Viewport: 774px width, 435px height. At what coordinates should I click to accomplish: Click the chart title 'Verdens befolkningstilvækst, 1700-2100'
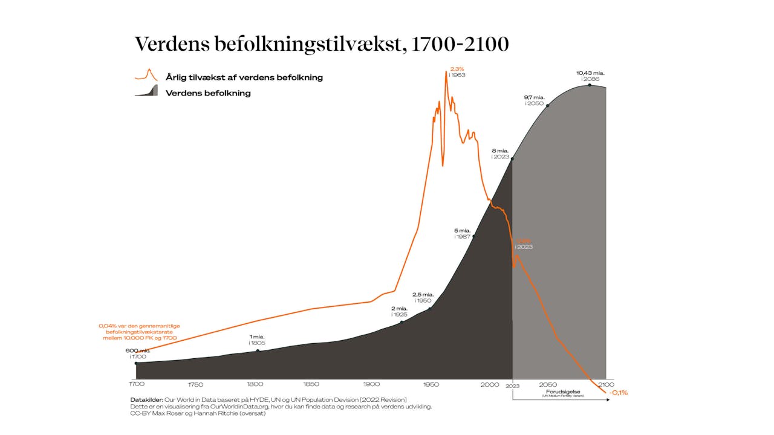pyautogui.click(x=321, y=44)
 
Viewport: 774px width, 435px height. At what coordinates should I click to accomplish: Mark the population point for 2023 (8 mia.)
pyautogui.click(x=513, y=159)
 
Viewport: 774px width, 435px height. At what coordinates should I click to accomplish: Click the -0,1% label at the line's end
pyautogui.click(x=619, y=393)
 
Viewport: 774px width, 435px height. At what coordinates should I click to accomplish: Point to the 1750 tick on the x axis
pyautogui.click(x=195, y=384)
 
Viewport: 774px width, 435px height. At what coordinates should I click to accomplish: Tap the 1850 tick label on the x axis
pyautogui.click(x=311, y=384)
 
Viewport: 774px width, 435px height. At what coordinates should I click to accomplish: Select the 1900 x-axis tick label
pyautogui.click(x=371, y=384)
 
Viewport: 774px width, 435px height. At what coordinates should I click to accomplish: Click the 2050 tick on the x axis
pyautogui.click(x=548, y=384)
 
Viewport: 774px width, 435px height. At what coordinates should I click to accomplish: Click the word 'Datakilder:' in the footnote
pyautogui.click(x=146, y=400)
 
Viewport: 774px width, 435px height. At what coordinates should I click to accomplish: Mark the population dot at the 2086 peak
pyautogui.click(x=590, y=85)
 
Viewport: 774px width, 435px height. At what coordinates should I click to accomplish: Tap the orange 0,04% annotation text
pyautogui.click(x=139, y=332)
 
